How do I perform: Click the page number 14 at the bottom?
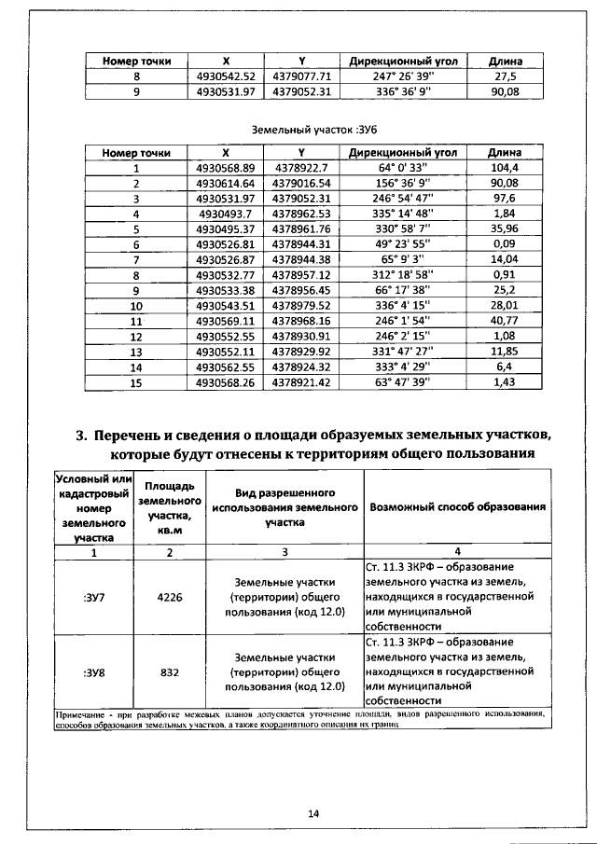[313, 813]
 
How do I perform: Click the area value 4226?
[170, 601]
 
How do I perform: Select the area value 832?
[170, 671]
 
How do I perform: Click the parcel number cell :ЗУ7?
[94, 601]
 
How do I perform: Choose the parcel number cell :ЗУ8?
[94, 671]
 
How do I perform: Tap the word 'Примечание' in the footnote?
[78, 713]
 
